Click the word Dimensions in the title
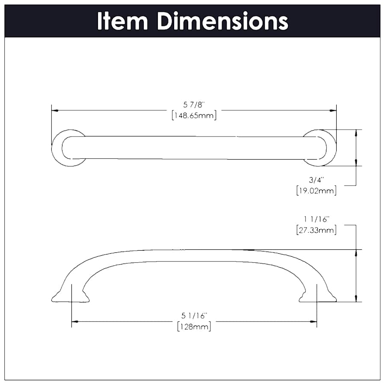pyautogui.click(x=222, y=21)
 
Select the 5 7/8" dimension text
pyautogui.click(x=193, y=104)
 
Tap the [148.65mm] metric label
pyautogui.click(x=193, y=115)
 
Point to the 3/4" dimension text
pyautogui.click(x=316, y=180)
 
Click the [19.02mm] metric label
pyautogui.click(x=316, y=191)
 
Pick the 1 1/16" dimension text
pyautogui.click(x=316, y=219)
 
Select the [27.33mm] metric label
pyautogui.click(x=316, y=230)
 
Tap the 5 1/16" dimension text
pyautogui.click(x=194, y=316)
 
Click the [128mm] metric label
pyautogui.click(x=194, y=327)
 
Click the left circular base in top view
pyautogui.click(x=68, y=148)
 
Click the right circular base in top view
pyautogui.click(x=320, y=148)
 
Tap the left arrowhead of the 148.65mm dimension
pyautogui.click(x=54, y=110)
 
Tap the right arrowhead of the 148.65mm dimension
pyautogui.click(x=333, y=110)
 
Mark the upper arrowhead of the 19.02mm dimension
pyautogui.click(x=356, y=132)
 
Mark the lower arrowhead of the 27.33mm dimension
pyautogui.click(x=356, y=299)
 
